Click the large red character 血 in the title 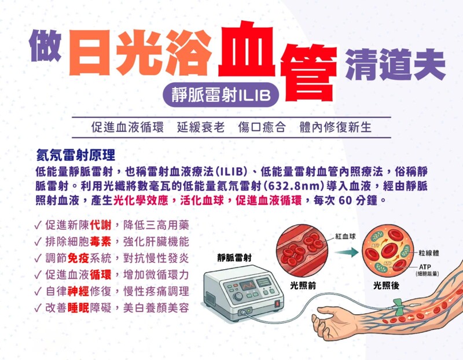coord(247,49)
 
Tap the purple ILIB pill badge coord(221,95)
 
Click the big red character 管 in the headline coord(308,73)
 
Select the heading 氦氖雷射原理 coord(76,155)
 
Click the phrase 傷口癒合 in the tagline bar coord(262,127)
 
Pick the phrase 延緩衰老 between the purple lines coord(201,127)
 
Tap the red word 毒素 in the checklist coord(101,242)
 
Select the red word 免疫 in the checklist coord(78,258)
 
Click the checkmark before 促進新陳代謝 coord(38,226)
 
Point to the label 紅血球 coord(346,236)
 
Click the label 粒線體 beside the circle coord(428,253)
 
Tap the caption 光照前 coord(303,285)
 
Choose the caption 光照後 coord(386,285)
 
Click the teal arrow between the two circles coord(346,252)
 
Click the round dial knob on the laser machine coord(237,296)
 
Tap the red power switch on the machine coord(277,303)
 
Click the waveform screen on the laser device coord(248,285)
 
